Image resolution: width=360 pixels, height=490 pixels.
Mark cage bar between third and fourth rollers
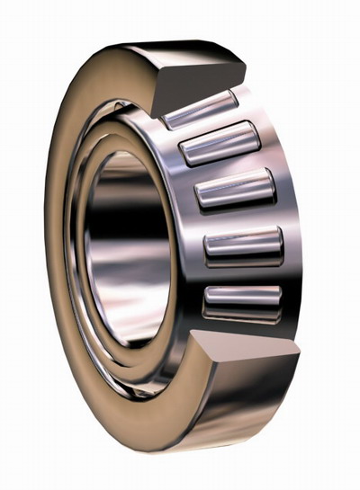(x=239, y=218)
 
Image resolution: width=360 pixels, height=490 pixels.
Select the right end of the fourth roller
(x=280, y=241)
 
